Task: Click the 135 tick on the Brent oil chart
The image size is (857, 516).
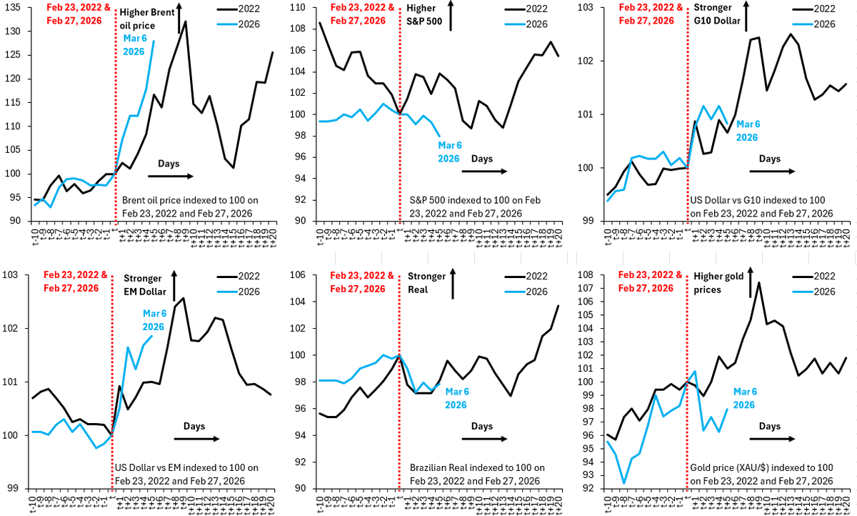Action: pyautogui.click(x=15, y=9)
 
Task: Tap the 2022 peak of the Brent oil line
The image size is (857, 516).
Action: pyautogui.click(x=186, y=21)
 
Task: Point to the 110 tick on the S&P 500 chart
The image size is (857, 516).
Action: pyautogui.click(x=301, y=9)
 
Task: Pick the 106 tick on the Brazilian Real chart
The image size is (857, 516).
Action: pyautogui.click(x=301, y=276)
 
